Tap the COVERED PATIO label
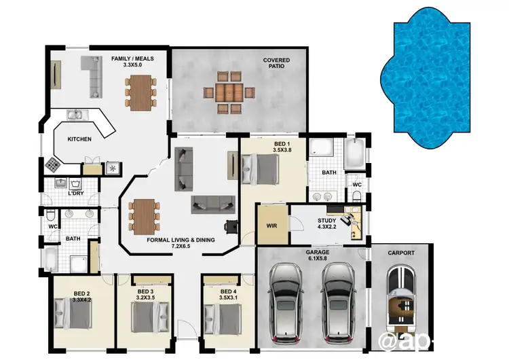276,64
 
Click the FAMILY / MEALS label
132,62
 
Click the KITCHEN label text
79,139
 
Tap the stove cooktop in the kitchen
53,164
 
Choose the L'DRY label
76,194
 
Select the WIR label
271,225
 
